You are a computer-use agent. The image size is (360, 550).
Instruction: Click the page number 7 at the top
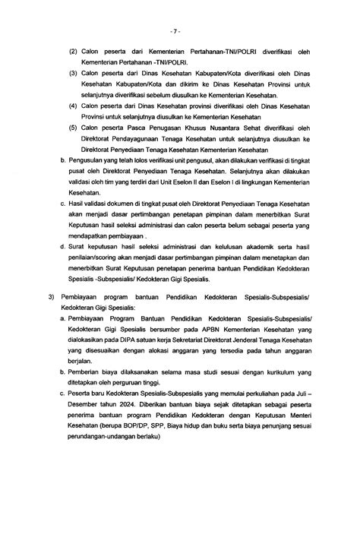click(x=179, y=32)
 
